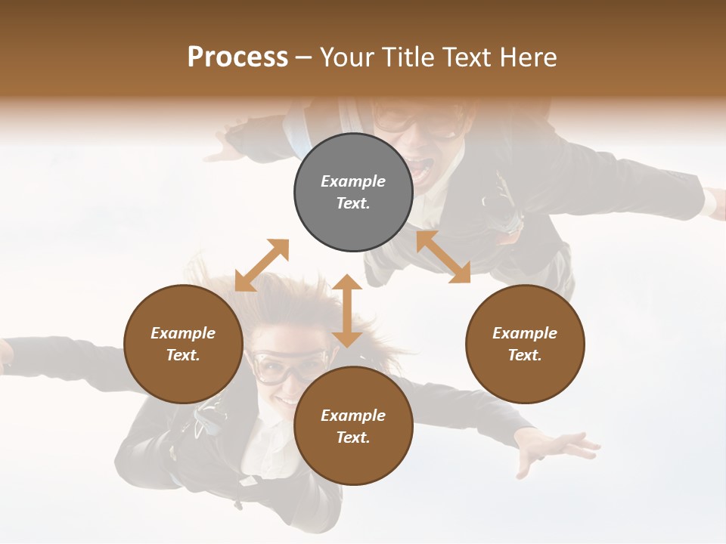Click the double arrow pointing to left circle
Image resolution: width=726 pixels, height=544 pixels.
(262, 265)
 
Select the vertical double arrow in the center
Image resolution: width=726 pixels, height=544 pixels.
(347, 311)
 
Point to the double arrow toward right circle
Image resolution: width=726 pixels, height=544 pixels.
(443, 257)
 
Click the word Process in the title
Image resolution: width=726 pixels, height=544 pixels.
(237, 57)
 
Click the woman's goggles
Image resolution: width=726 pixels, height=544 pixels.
(287, 366)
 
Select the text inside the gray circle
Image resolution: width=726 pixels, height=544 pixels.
(353, 193)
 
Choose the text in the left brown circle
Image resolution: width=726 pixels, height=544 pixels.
(183, 345)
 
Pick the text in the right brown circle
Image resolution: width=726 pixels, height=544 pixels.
(525, 345)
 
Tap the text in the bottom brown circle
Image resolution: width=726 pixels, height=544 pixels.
(353, 427)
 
